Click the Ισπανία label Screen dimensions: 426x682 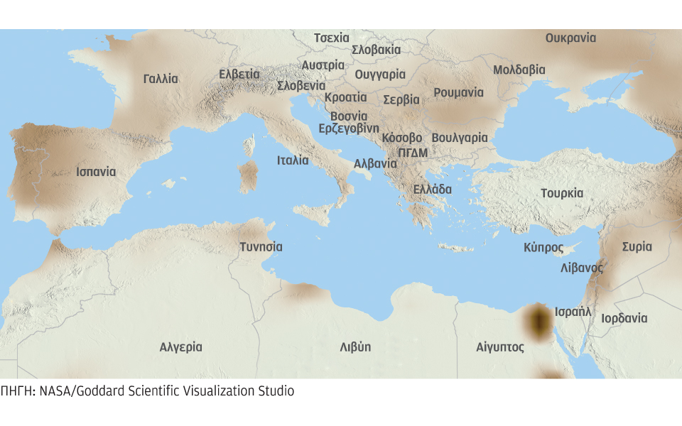point(96,172)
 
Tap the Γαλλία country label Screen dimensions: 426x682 point(161,79)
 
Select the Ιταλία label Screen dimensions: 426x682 point(293,160)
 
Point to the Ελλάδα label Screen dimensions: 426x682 point(433,190)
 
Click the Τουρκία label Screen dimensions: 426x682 point(561,193)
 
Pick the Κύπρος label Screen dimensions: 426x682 point(543,248)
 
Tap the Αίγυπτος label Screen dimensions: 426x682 point(500,347)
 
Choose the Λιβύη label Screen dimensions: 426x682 point(355,347)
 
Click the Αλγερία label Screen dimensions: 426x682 point(180,347)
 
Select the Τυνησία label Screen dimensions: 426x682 point(261,247)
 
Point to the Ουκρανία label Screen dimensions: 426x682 point(570,38)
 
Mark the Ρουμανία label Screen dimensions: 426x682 point(458,92)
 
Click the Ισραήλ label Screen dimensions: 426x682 point(573,311)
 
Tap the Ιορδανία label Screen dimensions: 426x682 point(624,318)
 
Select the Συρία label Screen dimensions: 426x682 point(637,247)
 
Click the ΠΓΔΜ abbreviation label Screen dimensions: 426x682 point(413,152)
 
